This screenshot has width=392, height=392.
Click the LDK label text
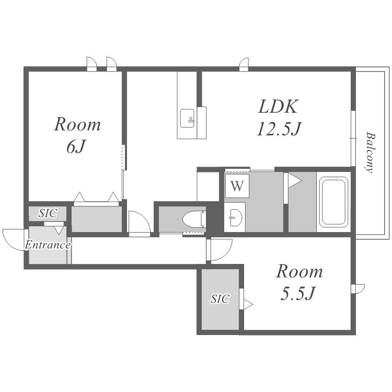278,107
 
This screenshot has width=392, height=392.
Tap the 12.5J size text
279,129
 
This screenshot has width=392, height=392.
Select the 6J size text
76,146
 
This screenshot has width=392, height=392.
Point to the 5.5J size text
298,293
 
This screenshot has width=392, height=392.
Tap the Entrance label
48,245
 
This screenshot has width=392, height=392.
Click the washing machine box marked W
237,186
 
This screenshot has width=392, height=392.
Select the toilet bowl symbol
194,219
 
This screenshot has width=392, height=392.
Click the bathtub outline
334,202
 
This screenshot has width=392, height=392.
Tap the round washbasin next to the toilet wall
236,217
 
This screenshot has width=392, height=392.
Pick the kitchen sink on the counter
187,118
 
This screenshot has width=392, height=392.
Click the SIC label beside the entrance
48,213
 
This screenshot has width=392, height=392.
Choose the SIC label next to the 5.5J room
220,298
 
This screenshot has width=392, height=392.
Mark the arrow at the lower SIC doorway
248,305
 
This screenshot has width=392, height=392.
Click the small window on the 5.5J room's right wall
358,289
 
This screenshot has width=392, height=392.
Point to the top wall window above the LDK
244,64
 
